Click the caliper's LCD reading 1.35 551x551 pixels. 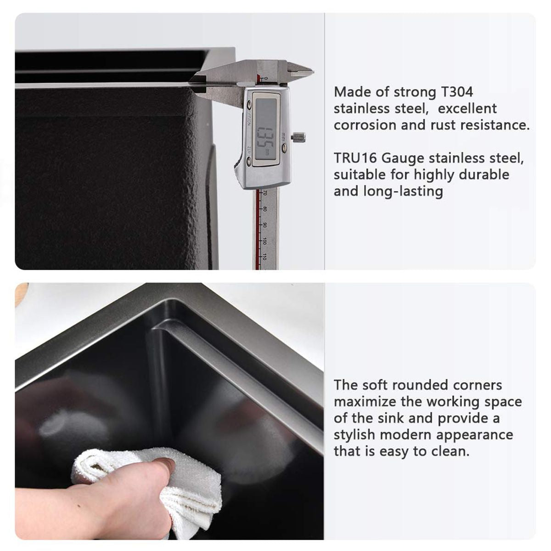point(266,132)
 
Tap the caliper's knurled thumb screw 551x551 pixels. point(299,138)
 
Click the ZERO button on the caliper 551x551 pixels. point(249,162)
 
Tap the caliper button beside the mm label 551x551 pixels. point(285,148)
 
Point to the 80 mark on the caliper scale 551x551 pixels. point(265,209)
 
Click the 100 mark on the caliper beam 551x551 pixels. point(265,241)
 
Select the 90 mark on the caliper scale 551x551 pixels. point(265,225)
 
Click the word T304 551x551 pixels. point(457,92)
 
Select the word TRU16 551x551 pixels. point(355,158)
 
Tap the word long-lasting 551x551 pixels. point(403,192)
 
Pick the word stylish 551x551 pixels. point(354,435)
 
